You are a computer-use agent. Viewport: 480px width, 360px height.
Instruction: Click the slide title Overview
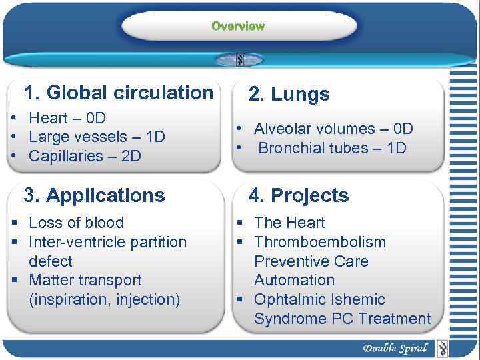[238, 26]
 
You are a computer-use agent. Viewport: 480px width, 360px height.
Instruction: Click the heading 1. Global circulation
[118, 93]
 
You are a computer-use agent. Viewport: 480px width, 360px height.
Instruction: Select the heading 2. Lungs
[289, 95]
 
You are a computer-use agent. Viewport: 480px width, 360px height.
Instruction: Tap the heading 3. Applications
[94, 196]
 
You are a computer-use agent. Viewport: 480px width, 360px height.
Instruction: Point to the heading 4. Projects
[299, 196]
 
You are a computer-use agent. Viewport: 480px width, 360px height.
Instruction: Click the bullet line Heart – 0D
[67, 119]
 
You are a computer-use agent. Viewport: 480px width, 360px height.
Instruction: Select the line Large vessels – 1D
[97, 137]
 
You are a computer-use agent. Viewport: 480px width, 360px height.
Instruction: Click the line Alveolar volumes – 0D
[333, 129]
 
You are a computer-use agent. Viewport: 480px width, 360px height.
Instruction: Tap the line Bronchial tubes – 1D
[331, 148]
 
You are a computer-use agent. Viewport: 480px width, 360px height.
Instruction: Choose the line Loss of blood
[76, 223]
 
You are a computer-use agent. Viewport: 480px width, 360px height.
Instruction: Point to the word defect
[51, 261]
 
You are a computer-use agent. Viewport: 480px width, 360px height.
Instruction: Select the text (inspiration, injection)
[105, 300]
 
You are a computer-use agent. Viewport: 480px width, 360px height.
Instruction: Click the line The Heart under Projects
[289, 223]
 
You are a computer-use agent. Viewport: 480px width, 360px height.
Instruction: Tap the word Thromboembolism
[320, 242]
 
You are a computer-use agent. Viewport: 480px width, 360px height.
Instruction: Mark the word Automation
[294, 281]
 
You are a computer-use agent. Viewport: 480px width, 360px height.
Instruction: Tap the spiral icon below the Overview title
[239, 59]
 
